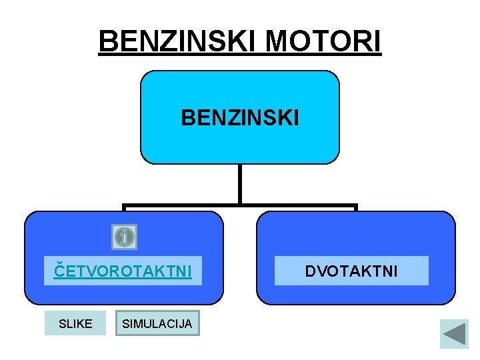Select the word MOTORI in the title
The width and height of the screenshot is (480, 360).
pos(323,41)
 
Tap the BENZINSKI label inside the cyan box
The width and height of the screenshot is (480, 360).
pos(240,118)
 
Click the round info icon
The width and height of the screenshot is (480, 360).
pos(124,237)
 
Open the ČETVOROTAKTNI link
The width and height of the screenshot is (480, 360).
pos(123,271)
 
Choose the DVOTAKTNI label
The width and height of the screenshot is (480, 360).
pos(351,271)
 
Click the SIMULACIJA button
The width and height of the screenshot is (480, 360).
pos(157,323)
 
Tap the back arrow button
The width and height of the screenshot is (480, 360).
pos(454,333)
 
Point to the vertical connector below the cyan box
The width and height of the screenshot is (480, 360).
pos(239,184)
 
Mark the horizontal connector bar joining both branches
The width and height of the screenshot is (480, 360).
pos(239,207)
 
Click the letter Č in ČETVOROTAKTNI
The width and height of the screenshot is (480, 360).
pos(59,270)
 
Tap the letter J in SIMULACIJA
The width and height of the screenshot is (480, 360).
pos(181,324)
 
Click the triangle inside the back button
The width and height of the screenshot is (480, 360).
pos(455,333)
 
